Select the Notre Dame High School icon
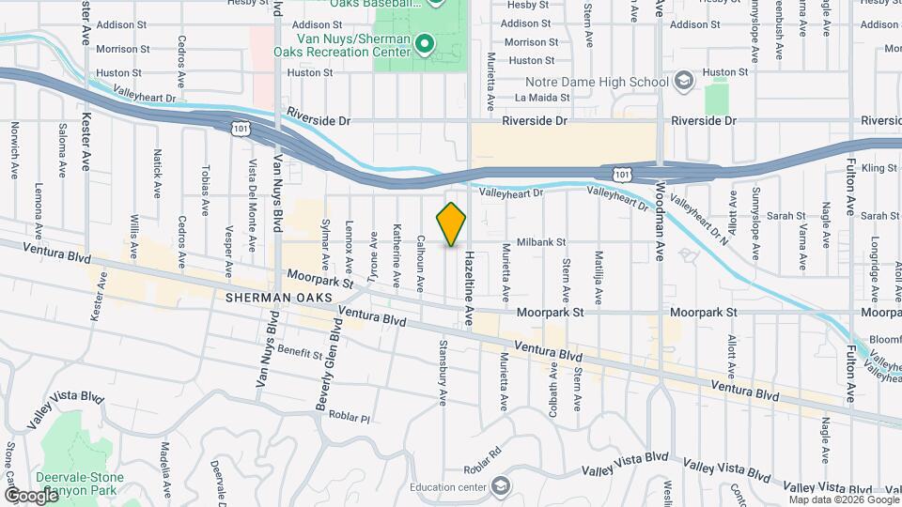(683, 81)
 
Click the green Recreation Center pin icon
(425, 43)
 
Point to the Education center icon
(501, 485)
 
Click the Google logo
(31, 495)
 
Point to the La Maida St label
(542, 97)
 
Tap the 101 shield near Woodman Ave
(620, 174)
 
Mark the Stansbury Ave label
(441, 373)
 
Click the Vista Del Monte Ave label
(252, 206)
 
